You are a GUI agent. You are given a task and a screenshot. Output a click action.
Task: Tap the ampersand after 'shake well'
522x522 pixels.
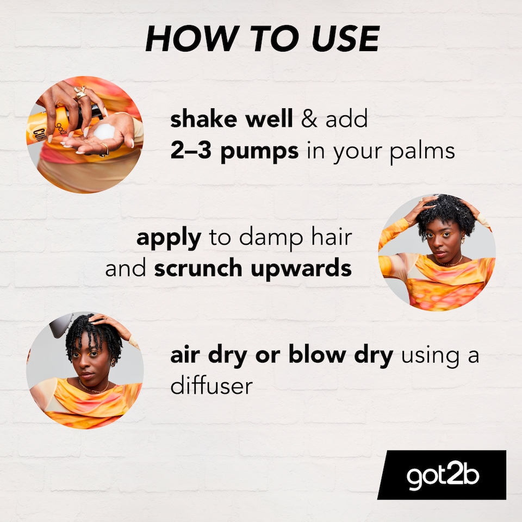click(309, 120)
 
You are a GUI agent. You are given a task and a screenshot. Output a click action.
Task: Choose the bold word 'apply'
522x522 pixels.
click(168, 239)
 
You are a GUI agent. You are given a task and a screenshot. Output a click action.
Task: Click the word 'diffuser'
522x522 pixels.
click(212, 386)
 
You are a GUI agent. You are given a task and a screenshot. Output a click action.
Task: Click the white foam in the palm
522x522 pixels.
click(104, 132)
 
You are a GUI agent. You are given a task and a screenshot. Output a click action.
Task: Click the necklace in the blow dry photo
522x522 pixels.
click(92, 389)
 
